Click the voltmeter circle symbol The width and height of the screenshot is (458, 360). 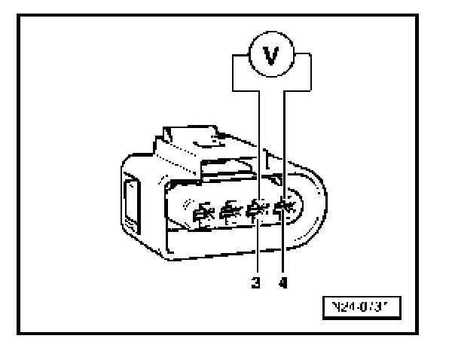point(272,56)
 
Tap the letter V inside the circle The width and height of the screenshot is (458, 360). point(272,56)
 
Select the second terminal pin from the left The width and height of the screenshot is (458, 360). point(227,214)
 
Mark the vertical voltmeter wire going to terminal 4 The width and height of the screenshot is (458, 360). point(287,143)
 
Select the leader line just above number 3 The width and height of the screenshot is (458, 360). point(258,252)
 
